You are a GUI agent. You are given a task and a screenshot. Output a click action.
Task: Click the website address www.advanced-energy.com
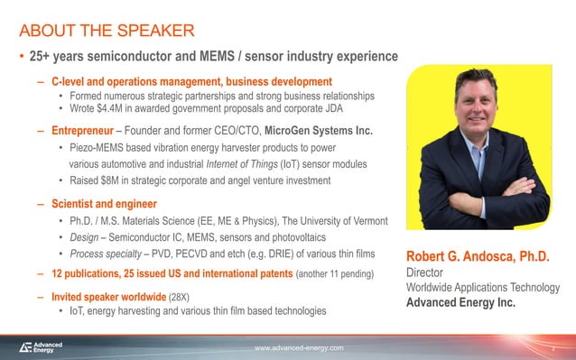[x=299, y=347]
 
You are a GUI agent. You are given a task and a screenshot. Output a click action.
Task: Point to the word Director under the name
[x=426, y=272]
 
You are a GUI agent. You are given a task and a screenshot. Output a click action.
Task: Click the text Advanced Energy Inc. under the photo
[x=461, y=302]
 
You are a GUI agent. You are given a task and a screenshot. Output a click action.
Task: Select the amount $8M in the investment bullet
[x=105, y=180]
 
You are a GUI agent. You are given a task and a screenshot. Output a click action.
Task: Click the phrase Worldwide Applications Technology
[x=484, y=287]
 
